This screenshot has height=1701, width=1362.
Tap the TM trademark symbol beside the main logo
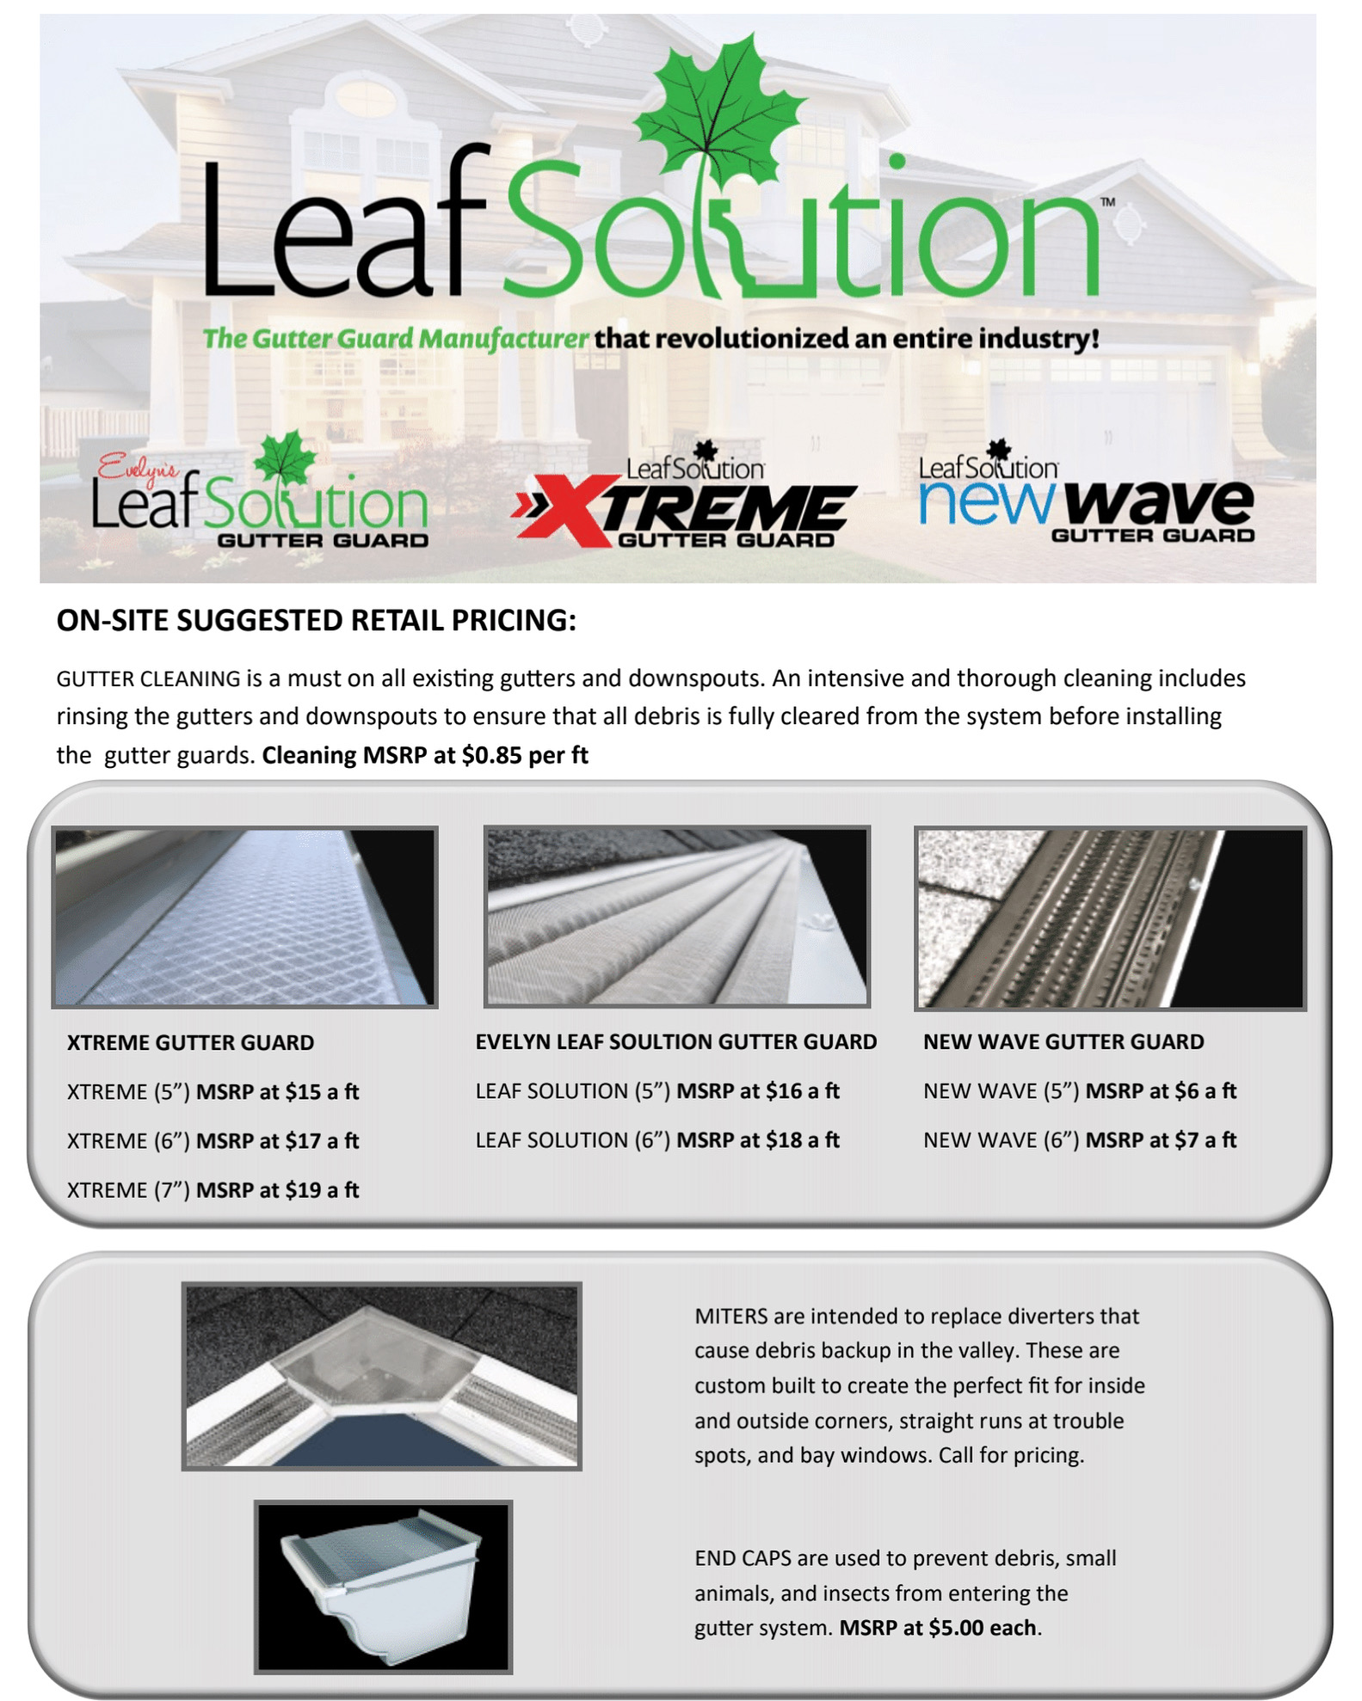1108,202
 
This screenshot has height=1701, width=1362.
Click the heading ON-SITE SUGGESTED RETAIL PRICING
316,621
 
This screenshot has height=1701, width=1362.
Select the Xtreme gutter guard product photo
244,917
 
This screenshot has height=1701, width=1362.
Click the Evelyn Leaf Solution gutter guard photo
676,917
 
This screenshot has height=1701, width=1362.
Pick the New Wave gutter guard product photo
1110,918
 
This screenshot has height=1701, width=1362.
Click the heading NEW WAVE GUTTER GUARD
1063,1042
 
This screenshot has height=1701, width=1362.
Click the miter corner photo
381,1376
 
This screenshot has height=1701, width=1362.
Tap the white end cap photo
383,1587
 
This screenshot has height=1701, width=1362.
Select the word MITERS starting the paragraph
730,1317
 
